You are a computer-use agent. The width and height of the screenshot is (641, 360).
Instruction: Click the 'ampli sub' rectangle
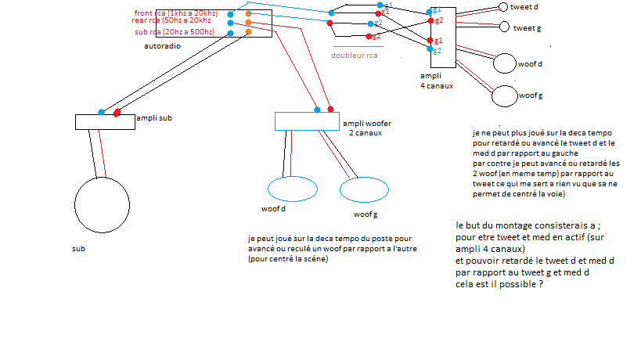tap(105, 121)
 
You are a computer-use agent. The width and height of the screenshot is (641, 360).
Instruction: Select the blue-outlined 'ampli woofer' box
tap(308, 121)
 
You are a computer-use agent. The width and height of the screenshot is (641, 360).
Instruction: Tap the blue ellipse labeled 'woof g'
tap(359, 190)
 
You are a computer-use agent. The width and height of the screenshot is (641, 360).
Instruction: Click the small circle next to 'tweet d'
tap(502, 7)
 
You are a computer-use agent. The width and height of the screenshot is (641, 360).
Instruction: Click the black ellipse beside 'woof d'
tap(505, 64)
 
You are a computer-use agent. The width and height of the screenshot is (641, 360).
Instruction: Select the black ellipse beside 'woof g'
tap(505, 95)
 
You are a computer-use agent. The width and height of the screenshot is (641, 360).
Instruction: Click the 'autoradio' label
tap(163, 46)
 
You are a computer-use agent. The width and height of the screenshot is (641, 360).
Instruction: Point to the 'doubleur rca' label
tap(354, 56)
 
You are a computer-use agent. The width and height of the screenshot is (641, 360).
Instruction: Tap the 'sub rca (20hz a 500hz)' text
tap(175, 32)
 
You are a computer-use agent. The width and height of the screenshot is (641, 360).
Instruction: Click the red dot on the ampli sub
tap(117, 113)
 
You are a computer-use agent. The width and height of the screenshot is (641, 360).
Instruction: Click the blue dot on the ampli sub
tap(101, 113)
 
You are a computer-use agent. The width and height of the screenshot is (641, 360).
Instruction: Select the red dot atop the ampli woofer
tap(332, 109)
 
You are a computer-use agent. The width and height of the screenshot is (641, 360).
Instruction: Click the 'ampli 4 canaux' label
tap(437, 81)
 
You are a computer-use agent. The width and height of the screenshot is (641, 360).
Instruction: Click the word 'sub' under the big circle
tap(78, 248)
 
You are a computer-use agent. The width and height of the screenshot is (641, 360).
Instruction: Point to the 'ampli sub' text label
tap(154, 118)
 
